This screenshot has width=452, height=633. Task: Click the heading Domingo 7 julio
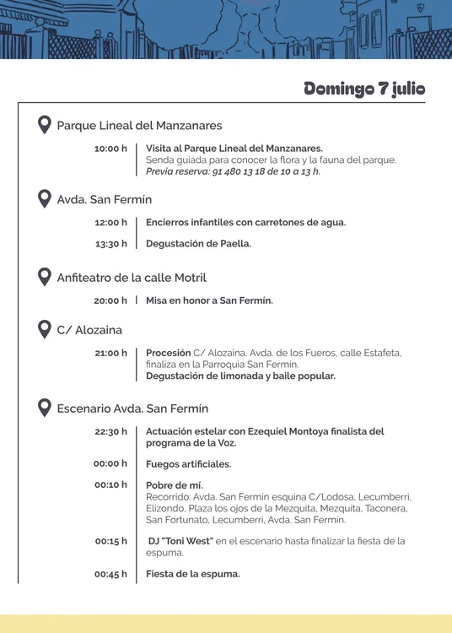pos(364,89)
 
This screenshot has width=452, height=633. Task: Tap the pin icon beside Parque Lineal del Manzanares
pos(45,125)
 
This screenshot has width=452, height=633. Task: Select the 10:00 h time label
pos(110,149)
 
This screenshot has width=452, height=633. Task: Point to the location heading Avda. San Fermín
pos(105,200)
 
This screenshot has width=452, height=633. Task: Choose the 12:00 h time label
pos(110,223)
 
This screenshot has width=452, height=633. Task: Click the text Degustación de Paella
pos(198,244)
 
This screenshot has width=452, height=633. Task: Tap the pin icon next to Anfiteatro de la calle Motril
pos(45,277)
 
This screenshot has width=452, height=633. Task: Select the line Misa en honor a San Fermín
pos(209,300)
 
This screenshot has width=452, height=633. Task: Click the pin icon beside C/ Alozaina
pos(45,329)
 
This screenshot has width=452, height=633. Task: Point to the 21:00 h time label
pos(110,353)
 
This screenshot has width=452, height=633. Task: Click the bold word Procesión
pos(168,353)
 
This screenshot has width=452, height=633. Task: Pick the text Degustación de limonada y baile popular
pos(240,376)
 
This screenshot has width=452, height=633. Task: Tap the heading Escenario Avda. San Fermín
pos(132,408)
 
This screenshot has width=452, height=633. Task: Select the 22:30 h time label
pos(110,431)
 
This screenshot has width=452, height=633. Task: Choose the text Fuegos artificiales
pos(188,464)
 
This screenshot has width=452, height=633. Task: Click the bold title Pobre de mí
pos(174,485)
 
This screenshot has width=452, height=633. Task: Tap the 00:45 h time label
pos(110,574)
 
